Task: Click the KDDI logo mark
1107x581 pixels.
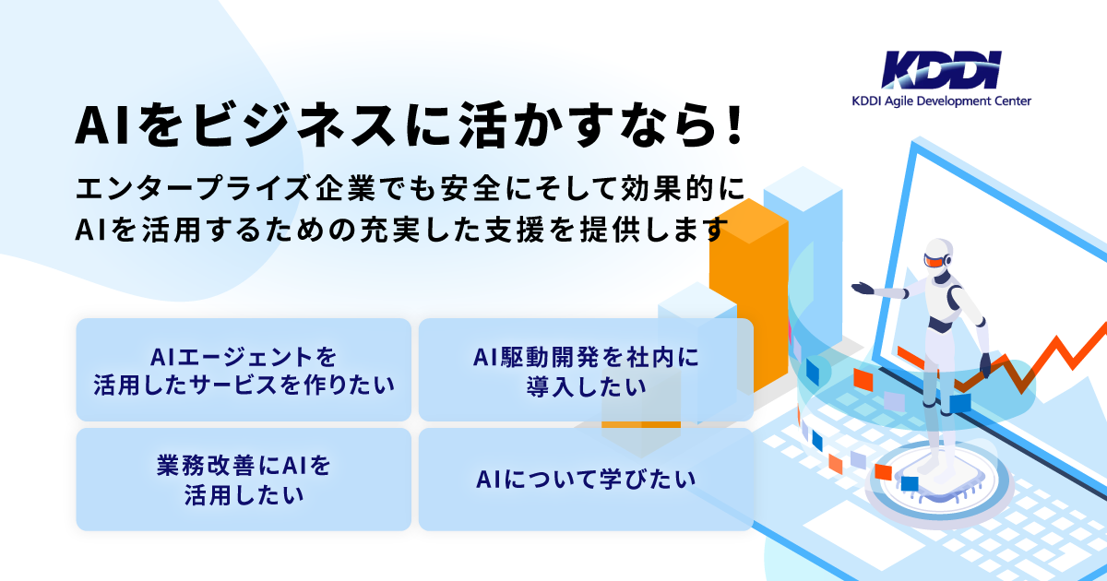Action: point(941,70)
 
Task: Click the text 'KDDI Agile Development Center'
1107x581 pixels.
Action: point(941,101)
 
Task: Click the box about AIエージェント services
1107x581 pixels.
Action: point(244,370)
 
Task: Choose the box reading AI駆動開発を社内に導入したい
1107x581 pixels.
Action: point(586,370)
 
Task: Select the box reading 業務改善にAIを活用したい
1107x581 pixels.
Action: point(244,480)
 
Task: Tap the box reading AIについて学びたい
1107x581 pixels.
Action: point(586,480)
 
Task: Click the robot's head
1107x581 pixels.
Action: point(937,255)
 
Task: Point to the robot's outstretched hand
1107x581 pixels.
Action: point(863,288)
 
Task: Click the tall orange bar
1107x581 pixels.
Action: point(748,296)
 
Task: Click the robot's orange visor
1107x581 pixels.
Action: point(933,260)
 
